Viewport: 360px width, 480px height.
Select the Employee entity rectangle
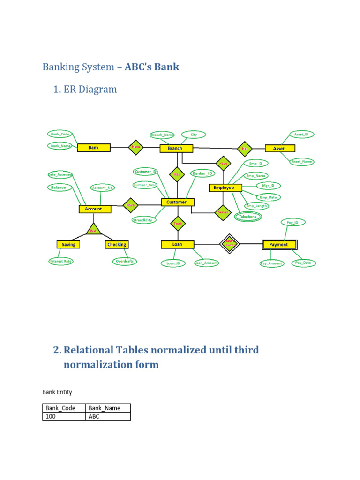[225, 187]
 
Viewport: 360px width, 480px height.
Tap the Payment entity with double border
[278, 244]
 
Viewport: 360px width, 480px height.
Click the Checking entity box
[116, 244]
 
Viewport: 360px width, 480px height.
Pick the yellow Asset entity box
[278, 148]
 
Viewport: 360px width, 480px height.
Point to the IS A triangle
[94, 230]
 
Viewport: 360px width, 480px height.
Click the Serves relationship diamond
[223, 212]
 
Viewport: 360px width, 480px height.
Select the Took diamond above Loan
[177, 224]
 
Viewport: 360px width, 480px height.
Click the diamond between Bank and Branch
[136, 147]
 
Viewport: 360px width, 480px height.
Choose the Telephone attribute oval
[248, 217]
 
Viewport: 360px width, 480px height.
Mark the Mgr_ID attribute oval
[268, 186]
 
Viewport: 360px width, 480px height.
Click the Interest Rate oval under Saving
[61, 261]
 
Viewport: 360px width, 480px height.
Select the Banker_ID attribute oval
[202, 173]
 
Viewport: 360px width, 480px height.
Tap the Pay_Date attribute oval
[303, 263]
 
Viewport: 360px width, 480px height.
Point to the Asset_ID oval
[301, 135]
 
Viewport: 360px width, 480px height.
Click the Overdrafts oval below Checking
[125, 261]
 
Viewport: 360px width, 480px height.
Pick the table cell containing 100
[64, 416]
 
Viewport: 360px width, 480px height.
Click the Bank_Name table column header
[108, 408]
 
